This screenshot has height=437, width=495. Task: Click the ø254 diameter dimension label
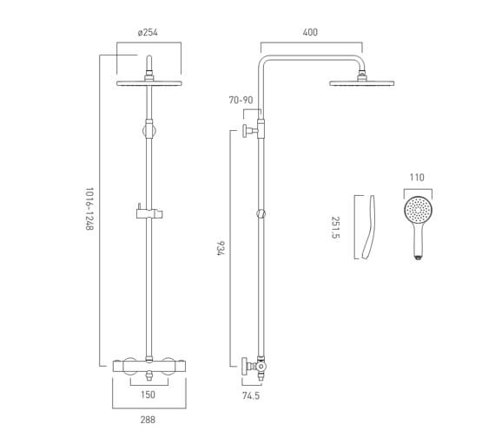point(148,33)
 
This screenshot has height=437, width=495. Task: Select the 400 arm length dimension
point(310,33)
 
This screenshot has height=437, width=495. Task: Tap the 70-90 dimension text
point(241,101)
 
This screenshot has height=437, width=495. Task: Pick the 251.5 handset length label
point(335,230)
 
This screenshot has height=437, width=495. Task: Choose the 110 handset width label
point(417,178)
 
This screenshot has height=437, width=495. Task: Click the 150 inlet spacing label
point(148,395)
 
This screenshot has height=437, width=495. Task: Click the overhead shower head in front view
point(149,83)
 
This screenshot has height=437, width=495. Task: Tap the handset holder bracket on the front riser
point(148,211)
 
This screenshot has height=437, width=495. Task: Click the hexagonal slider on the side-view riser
point(261,212)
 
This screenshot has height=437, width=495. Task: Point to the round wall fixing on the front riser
point(149,131)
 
